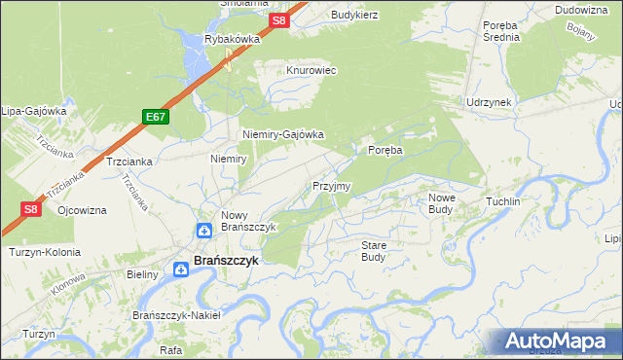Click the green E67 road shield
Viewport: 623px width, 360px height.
click(x=155, y=116)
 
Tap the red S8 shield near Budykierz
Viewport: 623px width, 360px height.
click(x=279, y=19)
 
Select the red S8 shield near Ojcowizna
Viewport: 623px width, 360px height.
click(x=30, y=207)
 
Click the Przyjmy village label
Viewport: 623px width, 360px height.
click(x=331, y=185)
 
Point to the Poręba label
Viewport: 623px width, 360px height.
click(x=385, y=150)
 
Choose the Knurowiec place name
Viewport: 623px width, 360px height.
click(x=311, y=71)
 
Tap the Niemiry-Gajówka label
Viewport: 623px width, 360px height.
click(x=282, y=135)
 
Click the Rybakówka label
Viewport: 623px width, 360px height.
click(x=232, y=39)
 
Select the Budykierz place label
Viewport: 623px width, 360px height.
click(x=353, y=15)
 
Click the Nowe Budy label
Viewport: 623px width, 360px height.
click(x=441, y=202)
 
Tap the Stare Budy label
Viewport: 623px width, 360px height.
click(x=374, y=251)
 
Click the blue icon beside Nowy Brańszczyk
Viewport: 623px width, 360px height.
click(x=204, y=231)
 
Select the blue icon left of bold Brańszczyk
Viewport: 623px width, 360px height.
click(x=182, y=270)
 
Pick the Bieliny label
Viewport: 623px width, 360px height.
click(x=142, y=275)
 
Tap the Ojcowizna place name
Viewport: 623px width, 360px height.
click(x=83, y=209)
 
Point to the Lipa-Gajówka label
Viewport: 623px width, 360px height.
click(x=33, y=111)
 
